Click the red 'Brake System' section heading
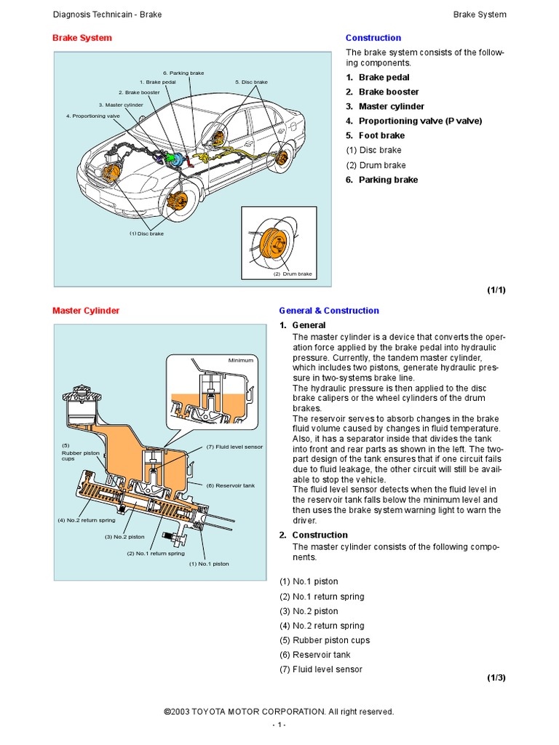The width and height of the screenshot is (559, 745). click(x=82, y=38)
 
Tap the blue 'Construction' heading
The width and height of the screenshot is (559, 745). click(x=373, y=38)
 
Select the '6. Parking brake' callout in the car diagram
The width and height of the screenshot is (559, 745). click(x=183, y=73)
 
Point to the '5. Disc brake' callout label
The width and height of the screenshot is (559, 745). click(x=251, y=82)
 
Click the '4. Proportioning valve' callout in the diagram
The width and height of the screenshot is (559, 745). click(x=92, y=116)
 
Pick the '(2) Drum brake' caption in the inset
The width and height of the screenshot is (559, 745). click(x=293, y=274)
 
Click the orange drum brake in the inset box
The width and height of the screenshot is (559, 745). click(x=274, y=243)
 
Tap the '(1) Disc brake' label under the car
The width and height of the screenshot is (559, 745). click(x=146, y=234)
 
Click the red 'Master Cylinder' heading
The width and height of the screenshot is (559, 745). click(x=86, y=311)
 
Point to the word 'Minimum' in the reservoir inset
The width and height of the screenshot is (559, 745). click(x=240, y=360)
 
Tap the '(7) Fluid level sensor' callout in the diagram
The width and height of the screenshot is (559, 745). click(x=234, y=447)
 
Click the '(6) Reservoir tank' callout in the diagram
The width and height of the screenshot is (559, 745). click(x=229, y=485)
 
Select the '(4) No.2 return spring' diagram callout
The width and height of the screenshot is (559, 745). click(x=86, y=520)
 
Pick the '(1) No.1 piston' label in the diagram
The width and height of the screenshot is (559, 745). click(x=209, y=564)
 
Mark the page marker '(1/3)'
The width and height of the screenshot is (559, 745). click(x=496, y=677)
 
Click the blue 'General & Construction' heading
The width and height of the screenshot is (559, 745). click(x=329, y=311)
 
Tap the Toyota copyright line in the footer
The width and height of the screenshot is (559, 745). click(x=279, y=712)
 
